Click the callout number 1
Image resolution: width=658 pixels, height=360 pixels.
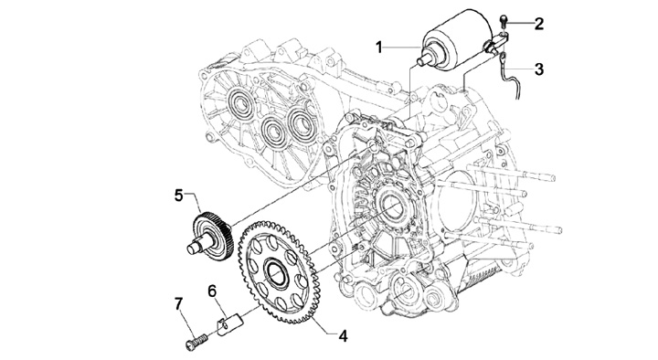379,47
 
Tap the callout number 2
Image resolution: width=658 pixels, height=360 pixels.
539,24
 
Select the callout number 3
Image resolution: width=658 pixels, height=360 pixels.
539,69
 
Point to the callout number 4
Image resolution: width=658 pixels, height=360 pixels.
344,335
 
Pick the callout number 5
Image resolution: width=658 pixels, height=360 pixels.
179,196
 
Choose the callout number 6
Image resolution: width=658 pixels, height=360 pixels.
212,291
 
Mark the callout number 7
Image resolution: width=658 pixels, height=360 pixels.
179,303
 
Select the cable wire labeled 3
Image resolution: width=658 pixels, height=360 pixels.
510,76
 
